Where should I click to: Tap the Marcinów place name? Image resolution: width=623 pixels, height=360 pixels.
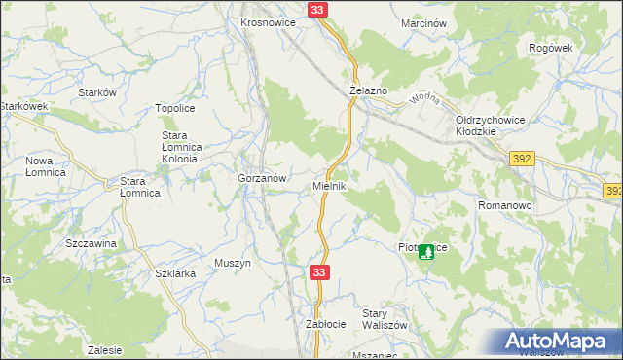pos(423,22)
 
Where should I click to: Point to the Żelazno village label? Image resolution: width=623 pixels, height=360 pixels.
pos(369,90)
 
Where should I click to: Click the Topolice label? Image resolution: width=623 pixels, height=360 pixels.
pos(178,109)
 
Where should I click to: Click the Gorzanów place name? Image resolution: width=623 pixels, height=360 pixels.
pos(262,179)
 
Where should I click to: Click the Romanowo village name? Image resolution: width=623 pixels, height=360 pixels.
pos(503,206)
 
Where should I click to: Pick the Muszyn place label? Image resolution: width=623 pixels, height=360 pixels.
pos(233,263)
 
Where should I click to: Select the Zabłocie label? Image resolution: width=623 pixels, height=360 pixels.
pos(326,323)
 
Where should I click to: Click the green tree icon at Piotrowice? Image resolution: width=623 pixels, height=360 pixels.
pos(426,252)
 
